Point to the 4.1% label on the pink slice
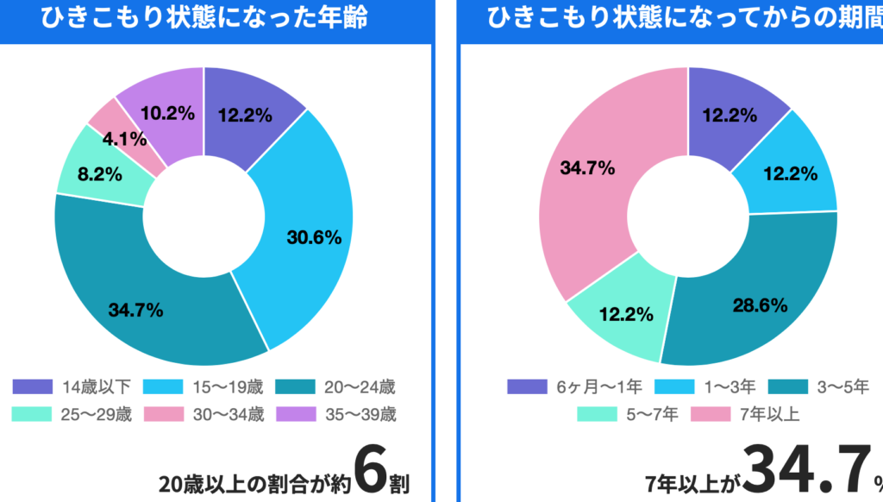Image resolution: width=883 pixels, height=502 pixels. coord(124,137)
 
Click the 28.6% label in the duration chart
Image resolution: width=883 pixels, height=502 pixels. coord(761,304)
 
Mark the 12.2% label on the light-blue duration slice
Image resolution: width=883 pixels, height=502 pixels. coord(790,174)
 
